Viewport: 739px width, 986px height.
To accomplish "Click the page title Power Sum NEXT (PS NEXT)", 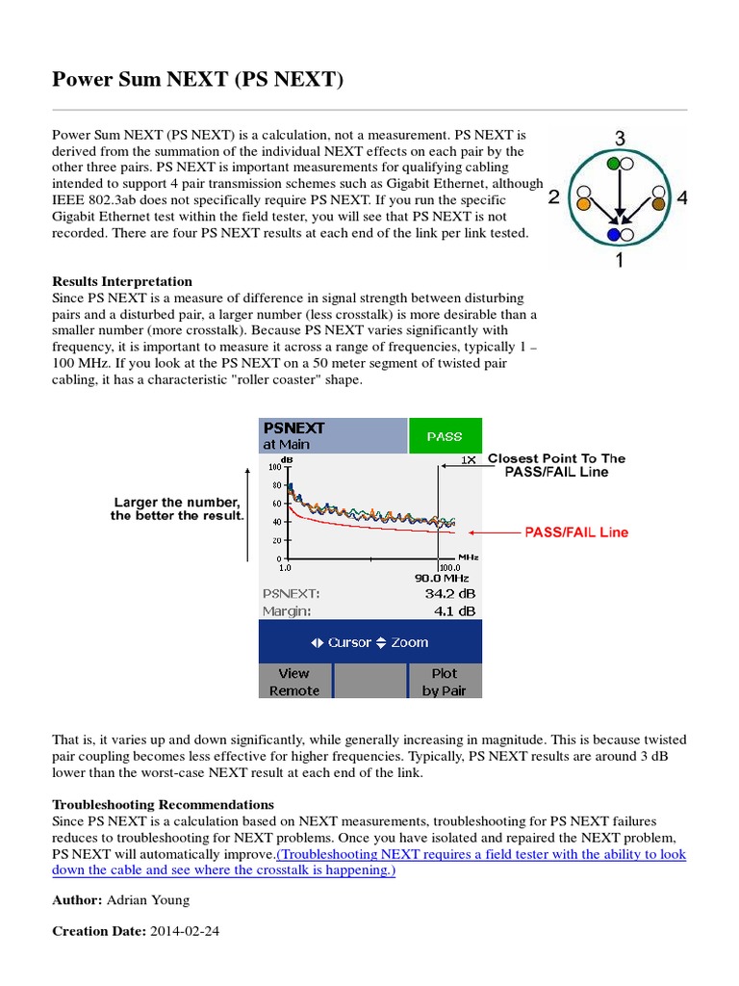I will [x=197, y=80].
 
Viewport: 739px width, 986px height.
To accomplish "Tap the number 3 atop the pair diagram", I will [x=621, y=139].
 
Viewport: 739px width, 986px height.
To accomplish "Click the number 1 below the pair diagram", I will [x=620, y=260].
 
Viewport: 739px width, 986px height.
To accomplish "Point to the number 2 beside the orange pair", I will [x=553, y=198].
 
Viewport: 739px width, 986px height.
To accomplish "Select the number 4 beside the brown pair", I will [x=682, y=198].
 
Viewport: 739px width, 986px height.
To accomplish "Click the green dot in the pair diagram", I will [x=613, y=165].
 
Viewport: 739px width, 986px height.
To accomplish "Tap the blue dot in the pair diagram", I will [x=613, y=234].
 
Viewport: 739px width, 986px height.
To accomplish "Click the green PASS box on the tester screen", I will [x=445, y=436].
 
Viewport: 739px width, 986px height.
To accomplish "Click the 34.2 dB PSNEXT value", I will [x=446, y=593].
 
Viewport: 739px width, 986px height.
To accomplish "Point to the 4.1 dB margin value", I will [x=450, y=610].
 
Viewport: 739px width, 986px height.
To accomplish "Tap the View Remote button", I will [x=294, y=682].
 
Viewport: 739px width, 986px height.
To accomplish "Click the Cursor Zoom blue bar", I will [x=370, y=642].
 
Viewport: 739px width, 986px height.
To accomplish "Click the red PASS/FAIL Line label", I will [x=575, y=532].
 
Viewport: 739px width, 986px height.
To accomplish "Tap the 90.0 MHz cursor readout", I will [x=442, y=577].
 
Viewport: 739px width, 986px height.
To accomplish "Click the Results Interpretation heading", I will [x=121, y=281].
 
